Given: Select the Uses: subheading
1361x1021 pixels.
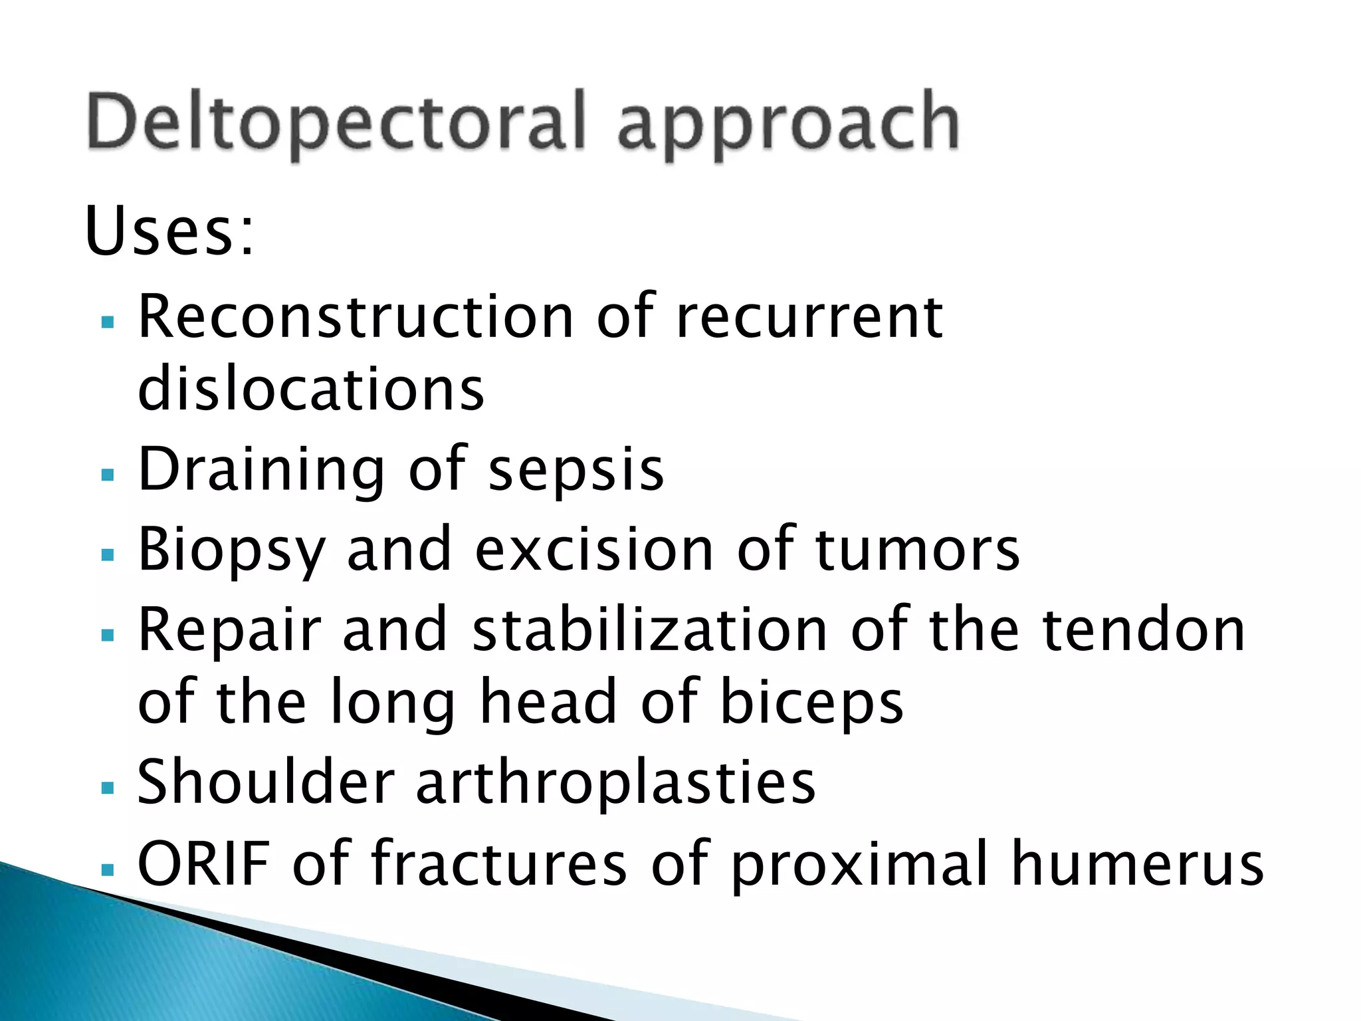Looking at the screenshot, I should click(x=169, y=231).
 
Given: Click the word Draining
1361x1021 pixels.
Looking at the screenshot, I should click(x=261, y=470).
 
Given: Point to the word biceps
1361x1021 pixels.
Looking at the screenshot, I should click(x=811, y=703).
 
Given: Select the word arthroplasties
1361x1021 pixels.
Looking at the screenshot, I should click(x=615, y=783).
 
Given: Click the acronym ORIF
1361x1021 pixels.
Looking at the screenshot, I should click(x=203, y=863).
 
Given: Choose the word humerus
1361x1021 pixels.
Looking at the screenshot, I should click(x=1137, y=863).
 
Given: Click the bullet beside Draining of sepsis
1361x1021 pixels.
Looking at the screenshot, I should click(x=108, y=475).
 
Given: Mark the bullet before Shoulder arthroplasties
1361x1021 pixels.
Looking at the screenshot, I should click(x=108, y=788).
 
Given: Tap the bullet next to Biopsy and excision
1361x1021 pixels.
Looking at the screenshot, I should click(x=108, y=554).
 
